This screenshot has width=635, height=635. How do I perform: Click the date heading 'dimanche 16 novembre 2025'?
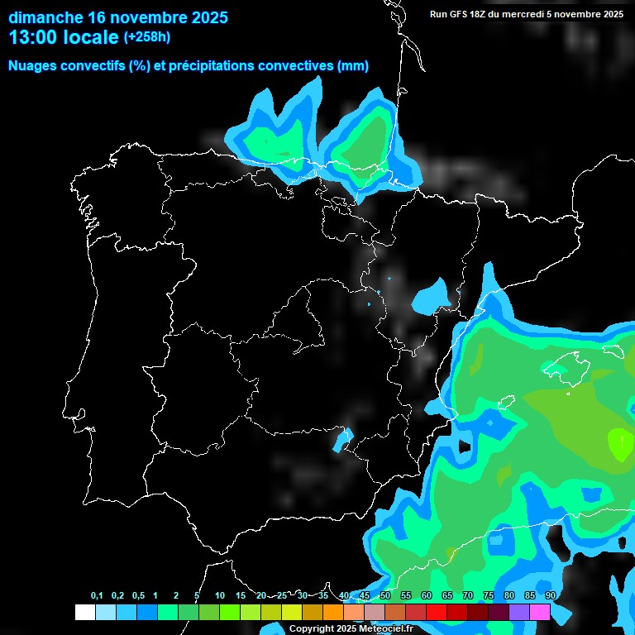tap(118, 17)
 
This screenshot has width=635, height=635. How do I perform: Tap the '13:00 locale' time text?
tap(64, 37)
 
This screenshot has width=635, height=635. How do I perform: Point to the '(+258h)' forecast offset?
tap(147, 37)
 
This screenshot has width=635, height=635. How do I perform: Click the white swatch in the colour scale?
tap(84, 613)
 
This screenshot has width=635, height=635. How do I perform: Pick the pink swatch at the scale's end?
tap(540, 613)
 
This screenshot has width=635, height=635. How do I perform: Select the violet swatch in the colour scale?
tap(519, 613)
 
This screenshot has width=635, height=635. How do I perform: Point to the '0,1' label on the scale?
tap(97, 596)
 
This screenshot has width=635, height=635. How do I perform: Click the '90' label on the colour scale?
tap(551, 596)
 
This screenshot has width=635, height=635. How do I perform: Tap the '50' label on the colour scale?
tap(385, 596)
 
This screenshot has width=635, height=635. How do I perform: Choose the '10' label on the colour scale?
tap(220, 596)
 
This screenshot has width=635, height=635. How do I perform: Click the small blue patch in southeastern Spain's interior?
tap(341, 439)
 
